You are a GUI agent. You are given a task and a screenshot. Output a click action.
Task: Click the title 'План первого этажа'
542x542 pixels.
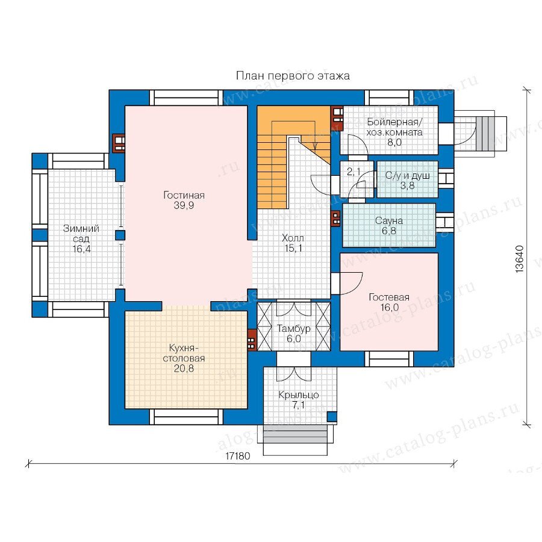point(293,76)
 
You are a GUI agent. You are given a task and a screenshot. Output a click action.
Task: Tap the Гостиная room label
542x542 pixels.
point(184,195)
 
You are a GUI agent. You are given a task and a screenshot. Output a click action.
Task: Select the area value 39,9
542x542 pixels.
point(184,206)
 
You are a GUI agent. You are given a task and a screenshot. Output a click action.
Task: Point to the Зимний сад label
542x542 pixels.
point(81,233)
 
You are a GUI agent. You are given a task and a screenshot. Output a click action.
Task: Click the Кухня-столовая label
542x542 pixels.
point(184,353)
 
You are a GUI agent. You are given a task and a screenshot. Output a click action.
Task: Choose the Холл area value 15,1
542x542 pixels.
point(293,248)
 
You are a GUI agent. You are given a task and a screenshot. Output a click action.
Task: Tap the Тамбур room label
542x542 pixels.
point(293,328)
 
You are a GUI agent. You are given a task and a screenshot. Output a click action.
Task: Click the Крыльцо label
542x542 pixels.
point(299,394)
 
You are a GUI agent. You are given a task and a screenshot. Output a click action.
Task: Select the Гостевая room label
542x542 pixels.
point(389,297)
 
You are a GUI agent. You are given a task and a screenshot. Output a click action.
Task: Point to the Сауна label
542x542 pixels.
point(389,220)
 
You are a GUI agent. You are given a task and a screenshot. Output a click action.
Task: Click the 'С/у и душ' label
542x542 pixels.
point(408,175)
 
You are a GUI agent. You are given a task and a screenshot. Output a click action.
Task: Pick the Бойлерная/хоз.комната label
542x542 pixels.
point(394,127)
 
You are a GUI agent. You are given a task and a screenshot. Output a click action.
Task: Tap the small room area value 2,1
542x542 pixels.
point(354,171)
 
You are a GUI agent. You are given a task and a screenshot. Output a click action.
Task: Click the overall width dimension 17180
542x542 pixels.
point(237,456)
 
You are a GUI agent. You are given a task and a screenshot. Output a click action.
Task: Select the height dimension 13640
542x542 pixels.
point(519,259)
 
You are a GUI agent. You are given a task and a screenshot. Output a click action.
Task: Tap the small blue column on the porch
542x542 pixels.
point(332,417)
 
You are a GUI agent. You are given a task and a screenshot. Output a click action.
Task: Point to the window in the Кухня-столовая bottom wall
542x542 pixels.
point(186,417)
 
